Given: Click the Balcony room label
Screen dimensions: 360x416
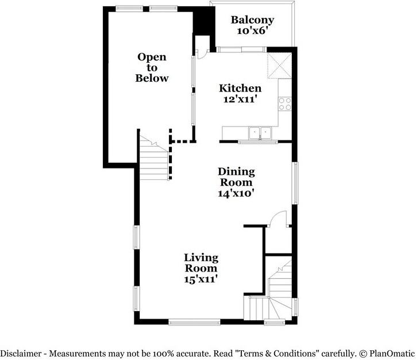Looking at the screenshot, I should (x=253, y=20).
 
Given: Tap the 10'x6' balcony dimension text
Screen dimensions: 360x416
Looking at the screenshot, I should (x=253, y=31).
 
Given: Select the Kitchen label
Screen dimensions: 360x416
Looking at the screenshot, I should (x=240, y=89).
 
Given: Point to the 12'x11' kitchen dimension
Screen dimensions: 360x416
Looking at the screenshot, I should (x=240, y=99).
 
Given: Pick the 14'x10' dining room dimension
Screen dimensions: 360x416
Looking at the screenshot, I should (x=236, y=193).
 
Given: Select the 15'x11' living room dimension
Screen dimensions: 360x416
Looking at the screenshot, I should (x=201, y=279).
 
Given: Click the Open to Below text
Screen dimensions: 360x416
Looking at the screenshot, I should (x=152, y=67).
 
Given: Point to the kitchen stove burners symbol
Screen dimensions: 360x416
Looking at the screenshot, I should (x=285, y=104).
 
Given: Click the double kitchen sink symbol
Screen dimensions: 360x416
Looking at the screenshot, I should (x=260, y=133).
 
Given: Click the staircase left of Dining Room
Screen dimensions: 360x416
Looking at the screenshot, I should (x=154, y=161).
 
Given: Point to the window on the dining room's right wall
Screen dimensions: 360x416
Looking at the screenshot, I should (x=295, y=183).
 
